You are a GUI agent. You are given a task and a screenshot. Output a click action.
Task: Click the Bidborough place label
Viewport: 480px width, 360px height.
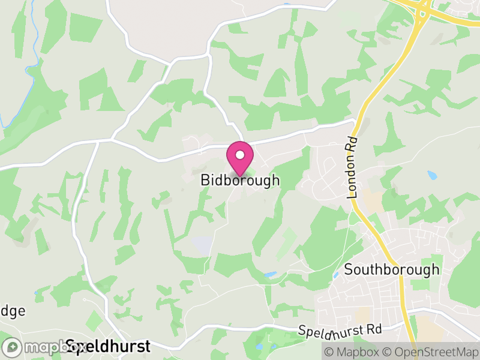tap(240, 180)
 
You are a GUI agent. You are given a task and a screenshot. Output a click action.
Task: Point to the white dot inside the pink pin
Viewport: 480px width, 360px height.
tap(240, 155)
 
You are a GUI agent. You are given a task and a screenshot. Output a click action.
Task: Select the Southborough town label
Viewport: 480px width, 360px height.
tap(392, 270)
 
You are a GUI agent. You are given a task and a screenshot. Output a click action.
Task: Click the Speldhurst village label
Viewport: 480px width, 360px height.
tap(108, 346)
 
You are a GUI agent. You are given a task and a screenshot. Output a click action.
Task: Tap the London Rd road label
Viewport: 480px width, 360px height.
tap(352, 167)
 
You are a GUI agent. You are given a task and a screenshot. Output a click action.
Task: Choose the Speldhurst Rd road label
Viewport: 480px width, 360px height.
tap(340, 329)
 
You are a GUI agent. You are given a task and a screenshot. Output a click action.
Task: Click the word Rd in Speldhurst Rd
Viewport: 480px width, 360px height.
tap(374, 329)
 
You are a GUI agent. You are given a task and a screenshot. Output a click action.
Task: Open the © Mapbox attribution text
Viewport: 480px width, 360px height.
tap(352, 352)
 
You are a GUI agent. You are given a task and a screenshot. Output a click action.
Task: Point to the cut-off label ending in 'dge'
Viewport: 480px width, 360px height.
tap(13, 311)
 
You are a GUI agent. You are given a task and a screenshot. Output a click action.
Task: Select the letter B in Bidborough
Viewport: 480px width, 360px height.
tap(205, 180)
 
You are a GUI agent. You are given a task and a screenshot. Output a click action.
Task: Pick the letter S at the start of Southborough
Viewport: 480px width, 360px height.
tap(349, 270)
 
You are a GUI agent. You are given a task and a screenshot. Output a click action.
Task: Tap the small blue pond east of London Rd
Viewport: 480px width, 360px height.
tap(433, 175)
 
